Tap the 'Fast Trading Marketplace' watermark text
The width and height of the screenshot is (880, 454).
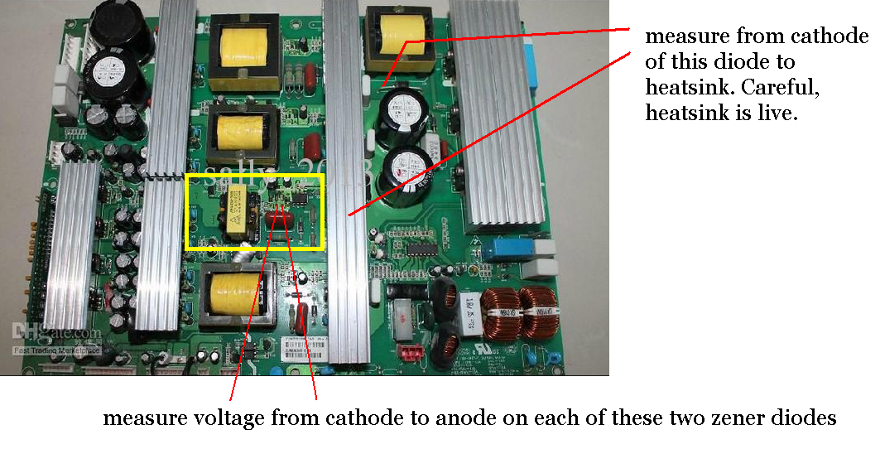(x=56, y=350)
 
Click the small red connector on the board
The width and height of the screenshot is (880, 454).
(x=411, y=350)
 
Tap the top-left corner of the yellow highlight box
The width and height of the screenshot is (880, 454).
(x=188, y=176)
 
